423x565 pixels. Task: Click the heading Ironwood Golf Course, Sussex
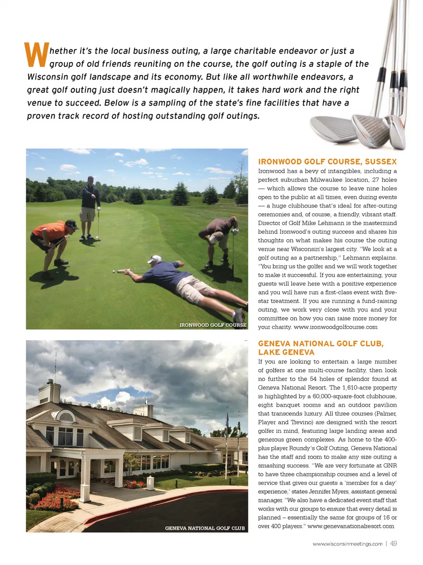tap(327, 161)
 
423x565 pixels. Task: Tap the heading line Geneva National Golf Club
tap(321, 344)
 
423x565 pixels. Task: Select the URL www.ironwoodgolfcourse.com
tap(335, 327)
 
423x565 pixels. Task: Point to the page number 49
tap(393, 543)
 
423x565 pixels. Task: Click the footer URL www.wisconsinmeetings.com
tap(347, 544)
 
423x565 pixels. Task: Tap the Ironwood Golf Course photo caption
tap(213, 325)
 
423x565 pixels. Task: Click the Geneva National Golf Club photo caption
tap(205, 528)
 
